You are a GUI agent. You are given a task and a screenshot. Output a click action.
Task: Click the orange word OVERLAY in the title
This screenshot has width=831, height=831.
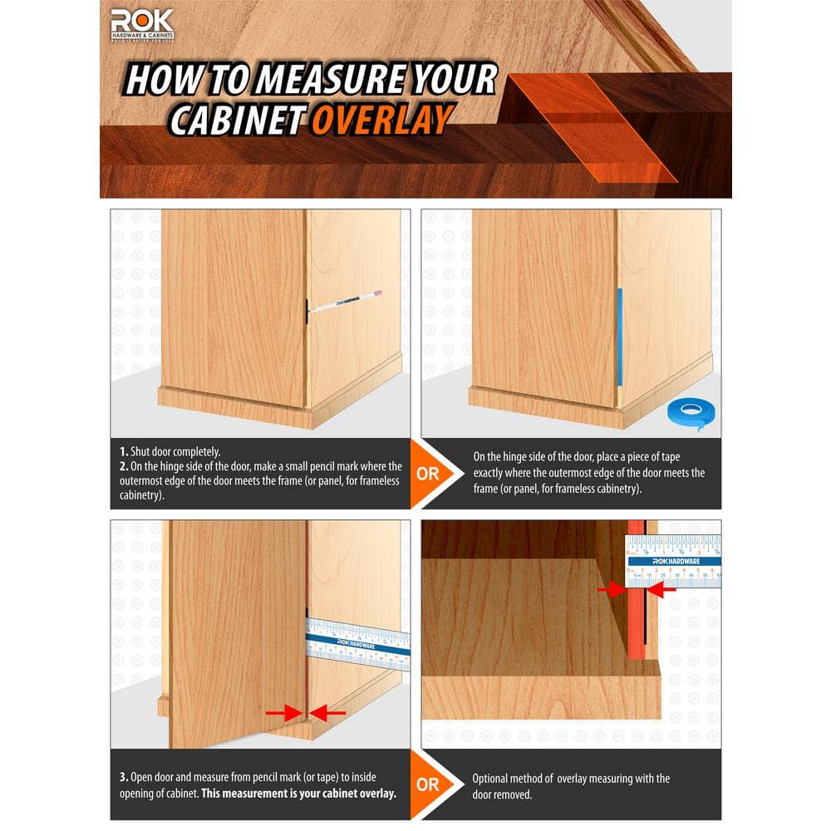click(382, 119)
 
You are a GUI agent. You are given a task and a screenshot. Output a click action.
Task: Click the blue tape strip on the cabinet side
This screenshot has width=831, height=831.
click(618, 337)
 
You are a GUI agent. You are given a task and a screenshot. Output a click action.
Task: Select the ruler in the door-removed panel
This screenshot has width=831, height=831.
click(673, 561)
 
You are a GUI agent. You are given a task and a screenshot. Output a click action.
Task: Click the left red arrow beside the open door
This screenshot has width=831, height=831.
click(283, 712)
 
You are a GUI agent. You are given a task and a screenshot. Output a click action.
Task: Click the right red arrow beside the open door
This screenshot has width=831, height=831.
click(329, 712)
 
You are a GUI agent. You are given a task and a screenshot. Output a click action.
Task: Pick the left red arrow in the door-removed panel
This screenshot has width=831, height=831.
click(612, 589)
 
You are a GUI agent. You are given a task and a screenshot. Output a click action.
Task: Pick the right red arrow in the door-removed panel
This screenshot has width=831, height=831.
click(662, 589)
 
